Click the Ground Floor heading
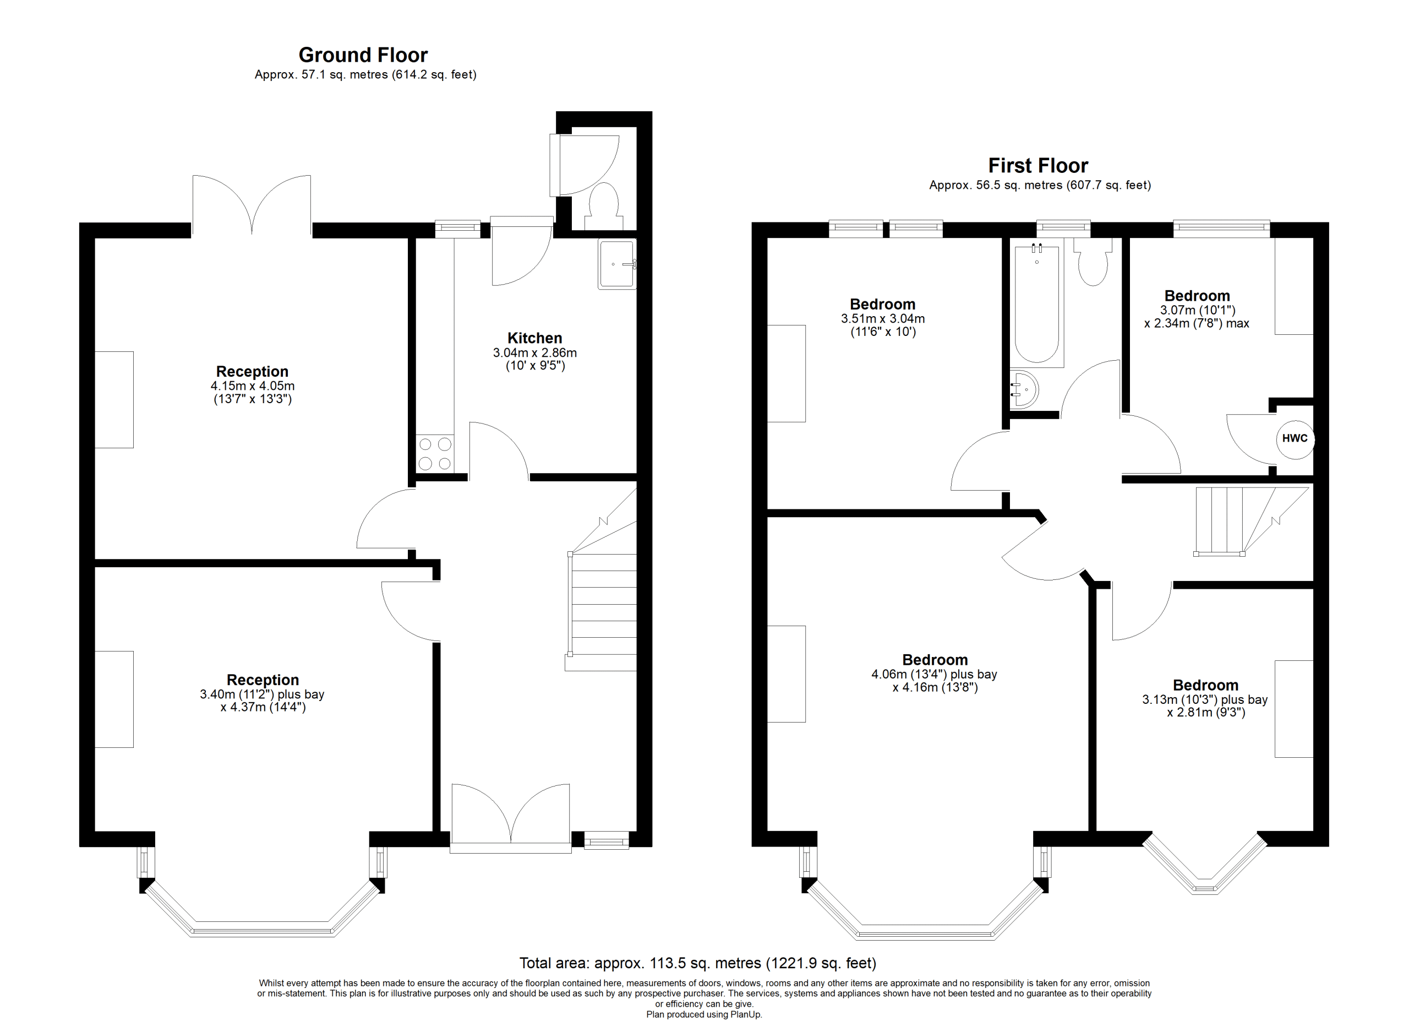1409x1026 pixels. (363, 55)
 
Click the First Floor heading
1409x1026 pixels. (1038, 166)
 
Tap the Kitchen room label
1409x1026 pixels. (535, 338)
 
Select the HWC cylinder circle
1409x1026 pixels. (1295, 438)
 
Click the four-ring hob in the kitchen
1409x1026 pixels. (435, 454)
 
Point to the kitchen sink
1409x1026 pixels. (617, 265)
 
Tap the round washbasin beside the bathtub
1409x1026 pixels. (1023, 389)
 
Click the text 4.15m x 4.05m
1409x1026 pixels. (253, 386)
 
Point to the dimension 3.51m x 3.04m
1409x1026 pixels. (883, 319)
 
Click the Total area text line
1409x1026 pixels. (698, 963)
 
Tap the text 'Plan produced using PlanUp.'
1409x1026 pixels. (704, 1014)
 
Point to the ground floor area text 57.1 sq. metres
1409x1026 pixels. (343, 74)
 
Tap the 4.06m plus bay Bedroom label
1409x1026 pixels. (935, 659)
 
